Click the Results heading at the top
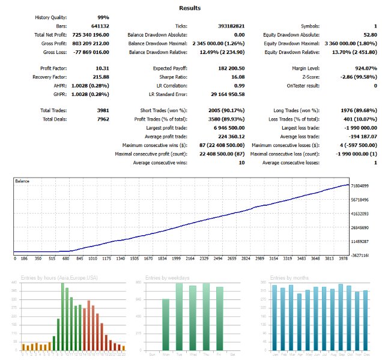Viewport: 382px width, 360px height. (190, 8)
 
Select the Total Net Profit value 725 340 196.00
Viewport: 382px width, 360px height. (92, 35)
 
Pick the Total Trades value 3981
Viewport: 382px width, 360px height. (100, 111)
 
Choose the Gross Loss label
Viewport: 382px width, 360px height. (53, 52)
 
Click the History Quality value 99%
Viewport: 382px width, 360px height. (102, 18)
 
